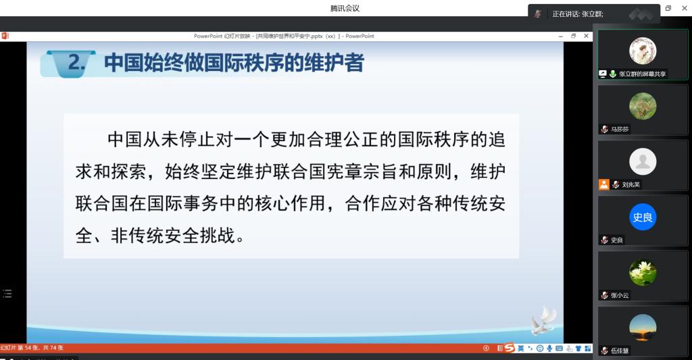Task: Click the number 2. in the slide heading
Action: click(x=76, y=62)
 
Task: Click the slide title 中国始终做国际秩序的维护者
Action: click(x=234, y=63)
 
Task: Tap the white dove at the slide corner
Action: click(x=544, y=320)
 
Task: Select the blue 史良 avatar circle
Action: click(x=643, y=217)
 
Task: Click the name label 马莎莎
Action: click(x=620, y=129)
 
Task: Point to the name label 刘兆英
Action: click(x=631, y=184)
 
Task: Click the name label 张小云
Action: click(x=620, y=295)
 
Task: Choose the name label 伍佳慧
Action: click(x=620, y=351)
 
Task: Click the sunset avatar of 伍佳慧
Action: click(x=643, y=328)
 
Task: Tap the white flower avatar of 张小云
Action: click(x=643, y=272)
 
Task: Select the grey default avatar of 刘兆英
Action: click(x=643, y=161)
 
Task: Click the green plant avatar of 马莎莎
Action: click(x=643, y=106)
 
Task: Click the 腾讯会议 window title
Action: click(x=345, y=8)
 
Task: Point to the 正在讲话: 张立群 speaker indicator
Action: click(x=578, y=14)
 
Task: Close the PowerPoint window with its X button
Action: click(x=586, y=36)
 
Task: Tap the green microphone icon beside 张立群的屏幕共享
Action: click(x=613, y=74)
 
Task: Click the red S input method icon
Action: click(x=510, y=348)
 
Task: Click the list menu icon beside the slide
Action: click(x=7, y=293)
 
